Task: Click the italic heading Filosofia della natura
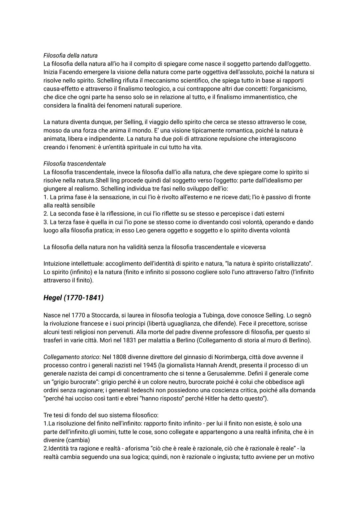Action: [x=70, y=55]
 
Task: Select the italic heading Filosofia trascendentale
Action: [x=74, y=164]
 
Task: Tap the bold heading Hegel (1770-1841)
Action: [x=73, y=297]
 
